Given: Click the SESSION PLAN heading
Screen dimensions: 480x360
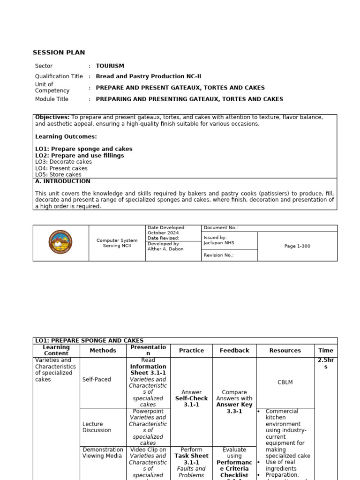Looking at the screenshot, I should pos(59,52).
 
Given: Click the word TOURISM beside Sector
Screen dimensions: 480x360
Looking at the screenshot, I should pos(110,66).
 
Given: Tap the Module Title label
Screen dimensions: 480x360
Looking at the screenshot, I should pos(52,99).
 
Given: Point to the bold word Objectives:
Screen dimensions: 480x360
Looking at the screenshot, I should pos(52,117).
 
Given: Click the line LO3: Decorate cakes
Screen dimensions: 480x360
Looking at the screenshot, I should pos(63,162).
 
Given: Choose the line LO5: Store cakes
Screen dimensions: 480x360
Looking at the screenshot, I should pos(58,175).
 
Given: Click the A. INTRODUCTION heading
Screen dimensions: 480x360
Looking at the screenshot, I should pos(63,181).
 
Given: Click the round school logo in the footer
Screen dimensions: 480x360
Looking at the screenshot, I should pos(60,243).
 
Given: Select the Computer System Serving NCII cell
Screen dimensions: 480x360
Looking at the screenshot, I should pos(117,243).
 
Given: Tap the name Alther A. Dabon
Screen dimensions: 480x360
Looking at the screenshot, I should pos(165,249).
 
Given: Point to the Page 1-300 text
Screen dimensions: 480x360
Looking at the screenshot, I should pos(297,246).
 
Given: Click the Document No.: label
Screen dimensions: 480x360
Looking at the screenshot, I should pos(220,228).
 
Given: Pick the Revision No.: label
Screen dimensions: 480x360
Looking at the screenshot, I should pos(218,255).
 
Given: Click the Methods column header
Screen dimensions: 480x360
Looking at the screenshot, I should pos(103,351).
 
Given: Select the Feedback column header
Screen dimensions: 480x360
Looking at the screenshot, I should pos(234,351).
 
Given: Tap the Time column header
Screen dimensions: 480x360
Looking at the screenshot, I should pos(326,351).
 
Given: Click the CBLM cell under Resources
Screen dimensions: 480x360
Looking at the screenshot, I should pos(285,382).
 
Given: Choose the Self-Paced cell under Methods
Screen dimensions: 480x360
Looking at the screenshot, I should pos(97,379).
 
